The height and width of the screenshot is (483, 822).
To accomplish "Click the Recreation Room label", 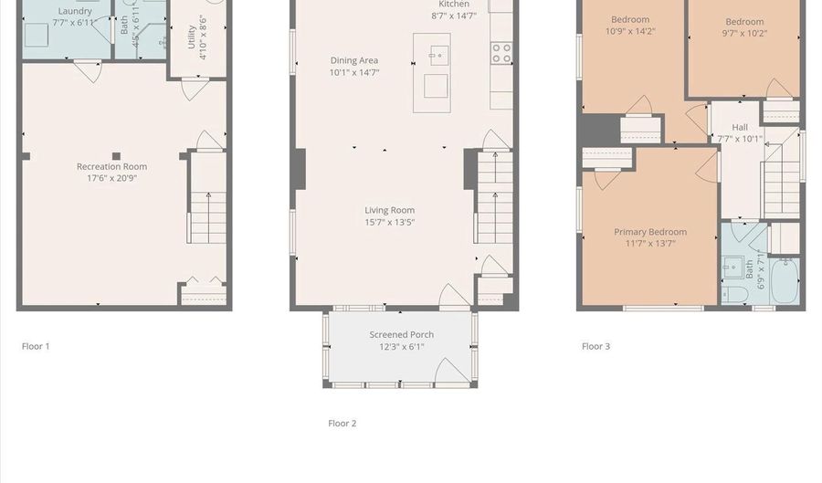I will [111, 166].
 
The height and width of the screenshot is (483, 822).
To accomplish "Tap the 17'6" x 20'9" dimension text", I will [111, 178].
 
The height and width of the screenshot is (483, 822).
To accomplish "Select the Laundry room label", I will [75, 11].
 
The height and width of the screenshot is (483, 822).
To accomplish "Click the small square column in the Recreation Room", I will [116, 155].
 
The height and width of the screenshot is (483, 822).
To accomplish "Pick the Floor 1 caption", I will [36, 346].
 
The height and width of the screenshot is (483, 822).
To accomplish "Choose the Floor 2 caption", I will [342, 423].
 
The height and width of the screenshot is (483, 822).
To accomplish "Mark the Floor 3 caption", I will [595, 346].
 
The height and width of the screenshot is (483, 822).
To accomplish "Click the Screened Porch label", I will [401, 334].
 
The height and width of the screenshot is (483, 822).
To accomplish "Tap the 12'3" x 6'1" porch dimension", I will [401, 347].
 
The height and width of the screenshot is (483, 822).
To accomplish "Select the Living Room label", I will [389, 210].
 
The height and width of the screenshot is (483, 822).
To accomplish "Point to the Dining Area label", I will [353, 60].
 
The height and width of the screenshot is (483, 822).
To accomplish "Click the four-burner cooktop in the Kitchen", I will [501, 53].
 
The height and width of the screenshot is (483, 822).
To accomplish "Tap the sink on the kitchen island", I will [439, 49].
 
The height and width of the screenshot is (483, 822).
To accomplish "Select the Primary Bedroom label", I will [649, 232].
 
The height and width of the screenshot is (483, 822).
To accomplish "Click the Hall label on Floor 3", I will [739, 127].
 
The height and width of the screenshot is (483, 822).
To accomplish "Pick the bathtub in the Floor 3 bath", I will [784, 281].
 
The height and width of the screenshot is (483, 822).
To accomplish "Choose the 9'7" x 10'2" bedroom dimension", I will [744, 34].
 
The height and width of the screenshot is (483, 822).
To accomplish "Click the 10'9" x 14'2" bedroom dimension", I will [630, 31].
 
